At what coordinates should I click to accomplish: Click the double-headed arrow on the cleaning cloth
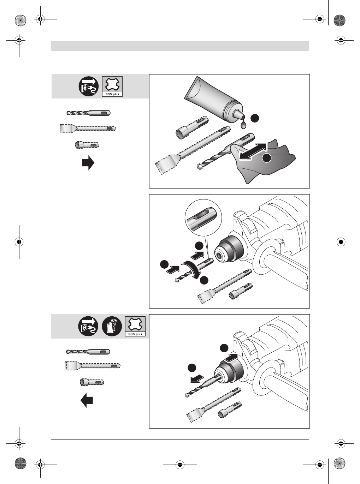pyautogui.click(x=253, y=151)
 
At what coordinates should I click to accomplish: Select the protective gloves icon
pyautogui.click(x=112, y=326)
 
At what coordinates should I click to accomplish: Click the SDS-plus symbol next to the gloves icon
pyautogui.click(x=135, y=326)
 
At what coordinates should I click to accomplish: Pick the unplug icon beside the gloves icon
pyautogui.click(x=88, y=326)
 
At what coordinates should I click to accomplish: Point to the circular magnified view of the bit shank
pyautogui.click(x=203, y=217)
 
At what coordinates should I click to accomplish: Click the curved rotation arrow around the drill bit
pyautogui.click(x=193, y=270)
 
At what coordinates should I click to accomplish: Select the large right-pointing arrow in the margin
pyautogui.click(x=88, y=163)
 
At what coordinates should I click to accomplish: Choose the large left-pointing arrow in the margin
pyautogui.click(x=87, y=400)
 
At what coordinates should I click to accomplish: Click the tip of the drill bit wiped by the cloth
pyautogui.click(x=199, y=167)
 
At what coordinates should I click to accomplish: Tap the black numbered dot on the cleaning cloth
pyautogui.click(x=267, y=158)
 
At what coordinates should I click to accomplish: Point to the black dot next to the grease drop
pyautogui.click(x=255, y=118)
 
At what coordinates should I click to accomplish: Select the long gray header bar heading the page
pyautogui.click(x=180, y=46)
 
